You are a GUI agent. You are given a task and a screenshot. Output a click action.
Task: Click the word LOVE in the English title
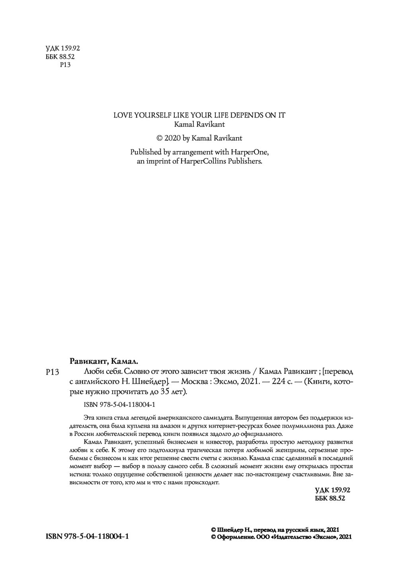(x=122, y=115)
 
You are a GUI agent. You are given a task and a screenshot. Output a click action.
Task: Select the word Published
(x=146, y=152)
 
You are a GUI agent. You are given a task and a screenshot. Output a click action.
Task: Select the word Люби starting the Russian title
(x=93, y=372)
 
